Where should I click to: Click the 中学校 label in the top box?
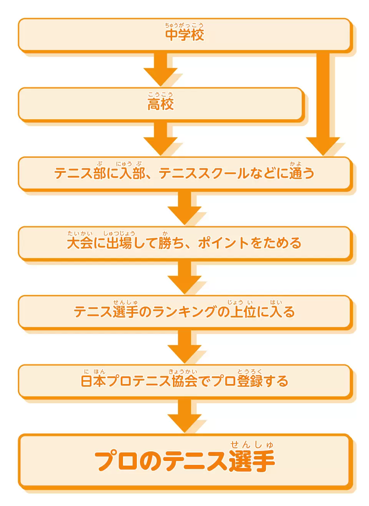pos(184,35)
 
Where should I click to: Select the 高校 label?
pos(160,104)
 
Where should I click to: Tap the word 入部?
pos(132,174)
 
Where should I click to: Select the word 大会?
pos(80,243)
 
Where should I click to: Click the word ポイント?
pos(223,243)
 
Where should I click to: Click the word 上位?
pos(243,312)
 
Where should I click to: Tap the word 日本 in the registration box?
pos(93,381)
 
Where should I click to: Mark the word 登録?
pos(250,381)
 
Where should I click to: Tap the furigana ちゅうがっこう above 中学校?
pos(184,25)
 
